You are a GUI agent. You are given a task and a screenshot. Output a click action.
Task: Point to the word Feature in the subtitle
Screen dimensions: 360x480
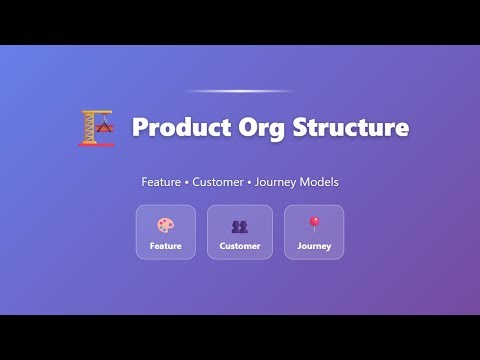coord(160,182)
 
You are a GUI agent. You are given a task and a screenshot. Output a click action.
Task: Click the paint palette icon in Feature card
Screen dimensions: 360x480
coord(165,225)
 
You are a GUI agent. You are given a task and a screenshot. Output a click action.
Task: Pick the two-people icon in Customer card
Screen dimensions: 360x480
coord(240,226)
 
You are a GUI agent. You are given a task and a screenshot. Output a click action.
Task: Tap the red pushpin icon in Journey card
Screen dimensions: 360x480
coord(314,224)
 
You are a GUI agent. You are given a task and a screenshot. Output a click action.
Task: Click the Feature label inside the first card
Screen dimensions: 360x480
coord(165,246)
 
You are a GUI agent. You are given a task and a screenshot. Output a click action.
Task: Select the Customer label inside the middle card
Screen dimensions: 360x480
coord(240,246)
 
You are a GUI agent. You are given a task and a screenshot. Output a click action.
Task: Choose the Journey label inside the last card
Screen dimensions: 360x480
coord(314,246)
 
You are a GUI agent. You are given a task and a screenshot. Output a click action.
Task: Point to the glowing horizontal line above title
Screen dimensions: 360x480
coord(240,91)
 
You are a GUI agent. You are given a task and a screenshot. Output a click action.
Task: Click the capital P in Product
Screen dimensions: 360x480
coord(140,128)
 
